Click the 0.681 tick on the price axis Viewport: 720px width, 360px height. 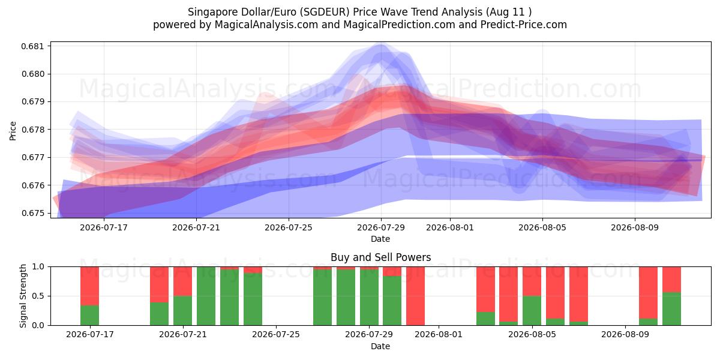[32, 46]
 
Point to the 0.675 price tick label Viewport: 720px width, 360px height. [32, 214]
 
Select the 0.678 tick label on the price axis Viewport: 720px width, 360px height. [32, 130]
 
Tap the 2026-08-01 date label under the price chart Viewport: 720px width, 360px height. [449, 227]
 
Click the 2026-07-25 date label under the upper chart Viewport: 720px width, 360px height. [289, 227]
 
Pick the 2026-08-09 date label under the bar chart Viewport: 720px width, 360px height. [625, 334]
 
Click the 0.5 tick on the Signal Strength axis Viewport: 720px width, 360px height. [38, 296]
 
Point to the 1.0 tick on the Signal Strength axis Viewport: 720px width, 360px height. [38, 267]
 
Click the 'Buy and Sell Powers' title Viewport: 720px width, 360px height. [380, 257]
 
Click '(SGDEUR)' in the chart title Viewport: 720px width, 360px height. [325, 12]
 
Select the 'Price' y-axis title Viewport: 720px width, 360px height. [13, 131]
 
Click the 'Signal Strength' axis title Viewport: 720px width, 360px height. [23, 296]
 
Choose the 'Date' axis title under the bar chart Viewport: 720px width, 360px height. [380, 346]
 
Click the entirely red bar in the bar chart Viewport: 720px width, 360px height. [415, 296]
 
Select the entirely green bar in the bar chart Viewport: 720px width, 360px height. [206, 296]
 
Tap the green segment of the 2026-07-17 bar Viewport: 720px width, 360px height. [89, 316]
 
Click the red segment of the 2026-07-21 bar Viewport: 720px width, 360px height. [182, 281]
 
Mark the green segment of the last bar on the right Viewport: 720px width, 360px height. [671, 309]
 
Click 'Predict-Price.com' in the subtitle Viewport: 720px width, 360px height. [524, 25]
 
